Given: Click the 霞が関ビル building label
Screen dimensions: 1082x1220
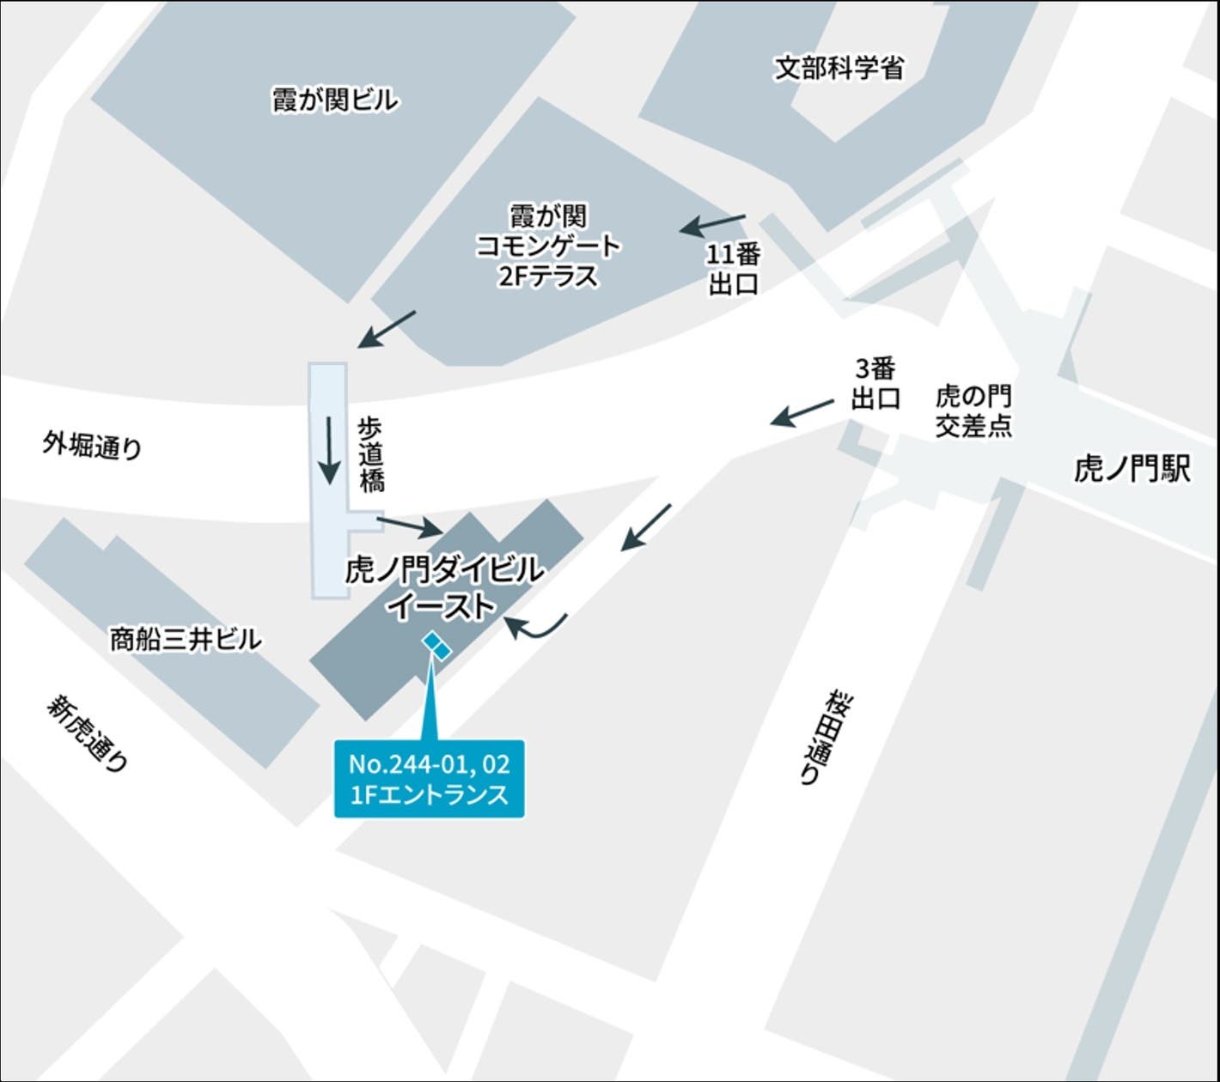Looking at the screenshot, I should click(x=335, y=100).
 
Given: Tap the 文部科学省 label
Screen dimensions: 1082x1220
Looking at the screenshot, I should click(x=839, y=69).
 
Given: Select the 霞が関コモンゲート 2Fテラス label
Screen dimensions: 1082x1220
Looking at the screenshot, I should click(x=548, y=246).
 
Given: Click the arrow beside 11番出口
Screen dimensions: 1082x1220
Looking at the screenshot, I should click(x=713, y=224).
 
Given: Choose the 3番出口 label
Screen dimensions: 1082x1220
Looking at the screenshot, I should click(x=875, y=383).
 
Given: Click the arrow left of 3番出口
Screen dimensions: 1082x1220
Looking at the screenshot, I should click(x=802, y=411).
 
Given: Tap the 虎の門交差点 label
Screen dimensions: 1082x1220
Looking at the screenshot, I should click(x=973, y=410).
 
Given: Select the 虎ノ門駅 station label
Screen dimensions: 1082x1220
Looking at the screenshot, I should click(x=1132, y=469).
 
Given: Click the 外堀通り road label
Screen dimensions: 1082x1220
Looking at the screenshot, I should click(x=92, y=445).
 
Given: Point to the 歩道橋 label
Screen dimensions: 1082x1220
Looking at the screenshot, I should click(x=371, y=455).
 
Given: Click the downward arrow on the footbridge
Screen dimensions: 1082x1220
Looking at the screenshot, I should click(x=328, y=450).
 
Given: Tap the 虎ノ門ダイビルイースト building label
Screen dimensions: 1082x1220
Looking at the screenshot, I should click(x=443, y=587).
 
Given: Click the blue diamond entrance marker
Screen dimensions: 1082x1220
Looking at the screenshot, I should click(x=436, y=646).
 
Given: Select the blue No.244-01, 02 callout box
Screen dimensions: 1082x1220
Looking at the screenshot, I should click(x=429, y=778).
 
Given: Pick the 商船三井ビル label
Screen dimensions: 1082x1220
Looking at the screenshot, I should click(x=185, y=639).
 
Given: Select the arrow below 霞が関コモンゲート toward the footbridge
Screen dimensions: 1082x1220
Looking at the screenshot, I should click(x=387, y=329).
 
